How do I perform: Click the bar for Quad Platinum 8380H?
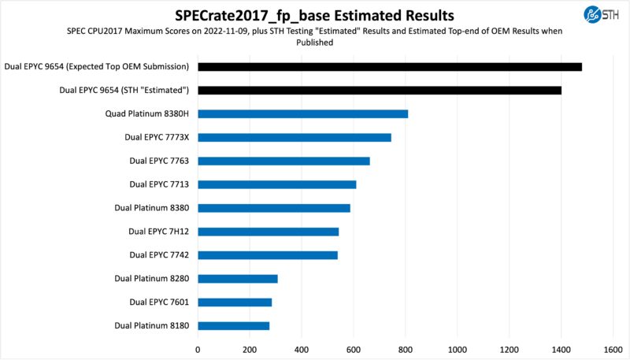(x=302, y=113)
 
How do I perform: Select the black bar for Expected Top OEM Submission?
(x=390, y=67)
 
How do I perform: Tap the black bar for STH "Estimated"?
(x=380, y=91)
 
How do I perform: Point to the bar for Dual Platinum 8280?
(x=238, y=278)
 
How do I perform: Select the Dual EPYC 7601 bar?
(x=235, y=302)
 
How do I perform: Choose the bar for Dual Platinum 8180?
(x=233, y=325)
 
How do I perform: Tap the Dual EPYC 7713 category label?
(x=159, y=184)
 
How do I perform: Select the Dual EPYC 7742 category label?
(x=159, y=255)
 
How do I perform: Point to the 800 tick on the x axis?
(x=406, y=347)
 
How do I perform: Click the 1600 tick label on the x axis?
(x=613, y=347)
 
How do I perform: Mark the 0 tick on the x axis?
(x=198, y=347)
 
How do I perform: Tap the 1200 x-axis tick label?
(x=509, y=347)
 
